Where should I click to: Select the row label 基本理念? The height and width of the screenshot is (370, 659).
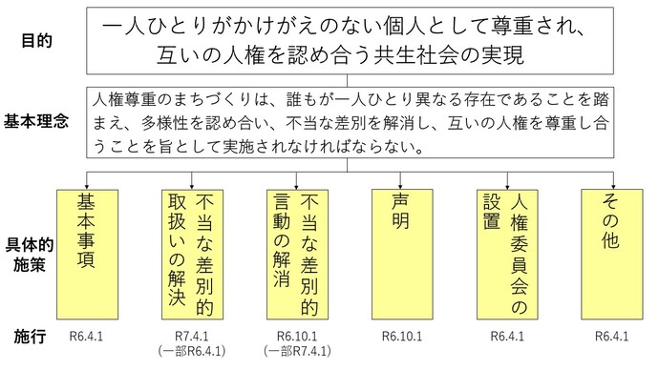37,122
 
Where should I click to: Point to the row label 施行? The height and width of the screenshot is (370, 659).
31,338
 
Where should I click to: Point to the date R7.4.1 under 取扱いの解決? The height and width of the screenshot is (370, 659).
191,337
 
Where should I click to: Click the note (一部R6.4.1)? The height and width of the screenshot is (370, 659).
191,351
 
